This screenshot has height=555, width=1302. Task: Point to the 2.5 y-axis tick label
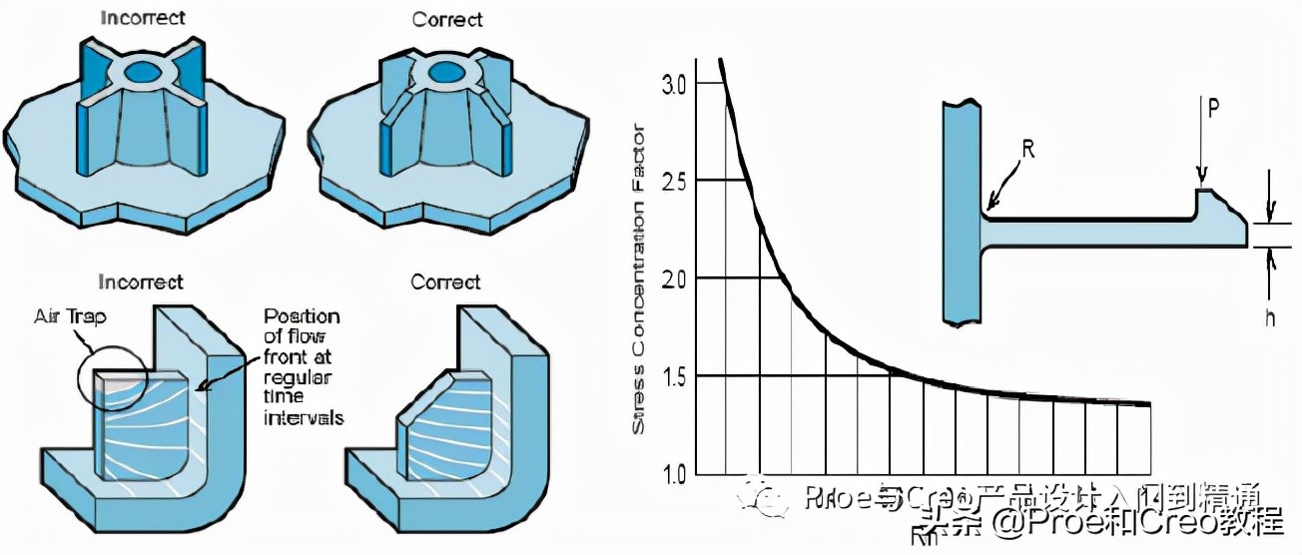point(674,180)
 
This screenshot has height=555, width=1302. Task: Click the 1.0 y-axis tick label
point(674,473)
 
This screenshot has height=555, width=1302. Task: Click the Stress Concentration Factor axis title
point(640,278)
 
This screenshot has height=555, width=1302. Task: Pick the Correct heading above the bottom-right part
point(446,281)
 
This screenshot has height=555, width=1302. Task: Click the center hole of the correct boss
point(442,74)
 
